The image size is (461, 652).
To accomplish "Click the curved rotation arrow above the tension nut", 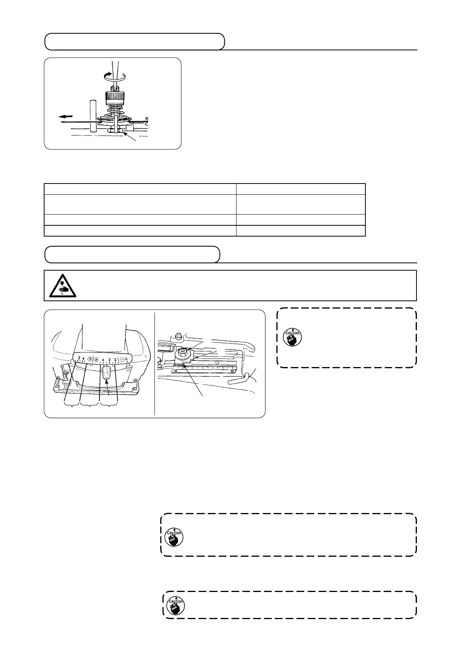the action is coord(115,77).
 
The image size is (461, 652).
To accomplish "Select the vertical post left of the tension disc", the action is coord(93,116).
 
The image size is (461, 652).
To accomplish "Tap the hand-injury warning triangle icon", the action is coord(62,286).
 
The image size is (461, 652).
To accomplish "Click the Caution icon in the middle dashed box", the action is coord(174,537).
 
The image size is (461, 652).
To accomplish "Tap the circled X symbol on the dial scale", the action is coord(96,359).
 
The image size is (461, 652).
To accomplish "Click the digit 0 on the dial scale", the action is coord(127,359).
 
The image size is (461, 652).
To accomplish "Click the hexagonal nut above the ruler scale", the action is coord(182,353).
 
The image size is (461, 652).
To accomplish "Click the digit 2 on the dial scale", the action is coord(115,359).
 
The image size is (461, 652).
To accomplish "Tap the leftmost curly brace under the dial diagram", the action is coord(71,406).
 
